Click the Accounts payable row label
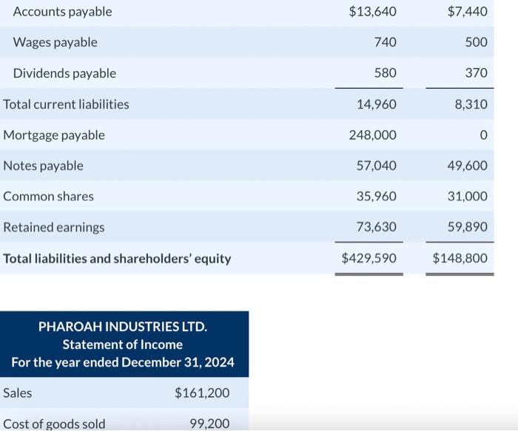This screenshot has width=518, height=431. (x=62, y=12)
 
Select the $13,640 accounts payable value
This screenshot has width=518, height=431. (x=372, y=12)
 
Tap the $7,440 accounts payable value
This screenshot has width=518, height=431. (x=468, y=12)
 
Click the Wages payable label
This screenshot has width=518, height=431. (x=55, y=43)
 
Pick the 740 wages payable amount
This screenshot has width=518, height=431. (x=385, y=43)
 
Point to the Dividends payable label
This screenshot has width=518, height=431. (x=64, y=73)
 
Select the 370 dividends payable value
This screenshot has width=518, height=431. (x=477, y=73)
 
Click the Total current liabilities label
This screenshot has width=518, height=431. (x=66, y=104)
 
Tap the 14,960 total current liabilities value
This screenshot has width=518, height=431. (x=376, y=104)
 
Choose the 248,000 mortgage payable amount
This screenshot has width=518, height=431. (x=372, y=135)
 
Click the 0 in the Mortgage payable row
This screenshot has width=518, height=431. (x=483, y=135)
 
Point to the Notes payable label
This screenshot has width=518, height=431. (x=43, y=166)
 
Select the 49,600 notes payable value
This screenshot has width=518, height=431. (x=467, y=166)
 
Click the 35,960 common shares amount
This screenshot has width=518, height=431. (x=376, y=197)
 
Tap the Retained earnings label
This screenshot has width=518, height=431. (x=54, y=228)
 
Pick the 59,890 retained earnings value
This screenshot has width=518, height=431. (x=467, y=228)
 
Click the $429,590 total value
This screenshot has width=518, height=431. (x=369, y=259)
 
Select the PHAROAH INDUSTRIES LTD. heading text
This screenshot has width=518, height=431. (x=123, y=327)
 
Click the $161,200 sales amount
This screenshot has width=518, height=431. (x=202, y=393)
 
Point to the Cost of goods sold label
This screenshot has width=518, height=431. (x=54, y=424)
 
